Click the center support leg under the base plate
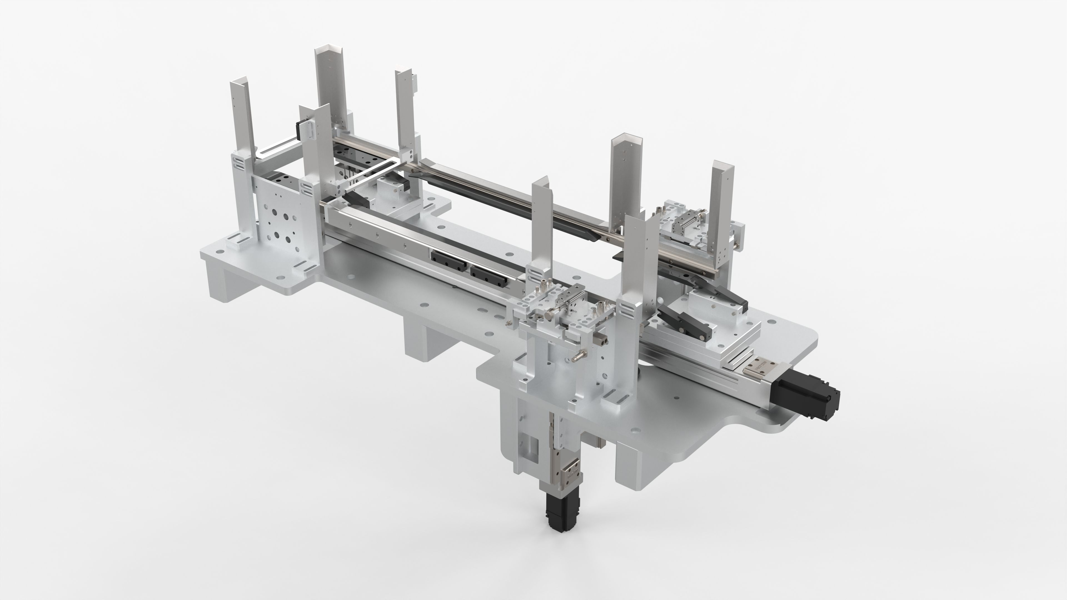427,339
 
